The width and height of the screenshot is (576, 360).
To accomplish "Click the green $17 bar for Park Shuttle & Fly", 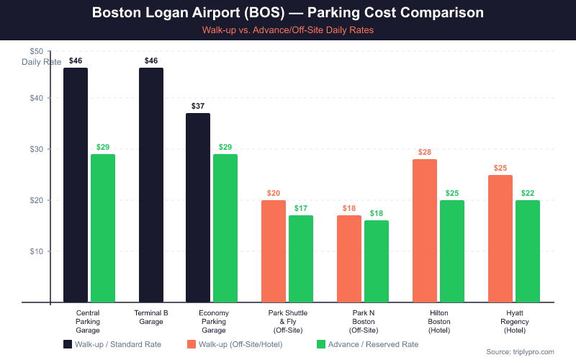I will (301, 258).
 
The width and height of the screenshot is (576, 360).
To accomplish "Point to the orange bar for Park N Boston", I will (349, 258).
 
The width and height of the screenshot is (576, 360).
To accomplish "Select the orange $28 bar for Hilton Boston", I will (425, 230).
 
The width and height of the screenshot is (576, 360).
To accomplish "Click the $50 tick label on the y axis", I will (36, 51).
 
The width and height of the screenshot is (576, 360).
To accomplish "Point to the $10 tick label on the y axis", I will (36, 251).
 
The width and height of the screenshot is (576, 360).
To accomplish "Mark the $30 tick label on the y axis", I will (36, 149).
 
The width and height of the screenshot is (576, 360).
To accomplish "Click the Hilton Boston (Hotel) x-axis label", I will (439, 321).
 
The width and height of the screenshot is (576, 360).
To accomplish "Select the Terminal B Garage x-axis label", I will (151, 317).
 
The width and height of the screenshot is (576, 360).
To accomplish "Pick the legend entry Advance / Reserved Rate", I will (367, 344).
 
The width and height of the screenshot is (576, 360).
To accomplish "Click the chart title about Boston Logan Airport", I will (288, 14).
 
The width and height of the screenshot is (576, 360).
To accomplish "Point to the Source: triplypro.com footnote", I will (521, 351).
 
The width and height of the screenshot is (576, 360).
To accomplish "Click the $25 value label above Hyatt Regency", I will (500, 168).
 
